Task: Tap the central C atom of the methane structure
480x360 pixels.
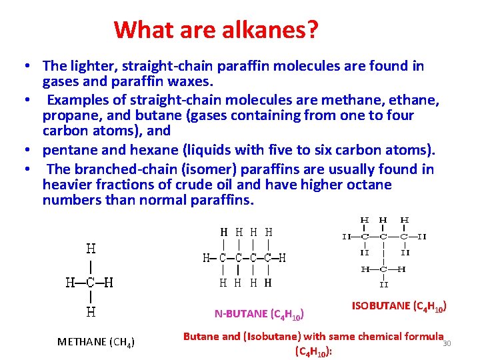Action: [x=90, y=282]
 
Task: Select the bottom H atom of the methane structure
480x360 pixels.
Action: [x=90, y=311]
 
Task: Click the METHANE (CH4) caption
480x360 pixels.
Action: [x=96, y=342]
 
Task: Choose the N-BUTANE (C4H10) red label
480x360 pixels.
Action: [x=260, y=313]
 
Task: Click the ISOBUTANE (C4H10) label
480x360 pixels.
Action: [x=398, y=307]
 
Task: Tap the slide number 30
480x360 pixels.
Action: [x=447, y=343]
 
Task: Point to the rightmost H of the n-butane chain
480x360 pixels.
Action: [x=283, y=257]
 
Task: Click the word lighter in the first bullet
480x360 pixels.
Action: [x=87, y=66]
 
